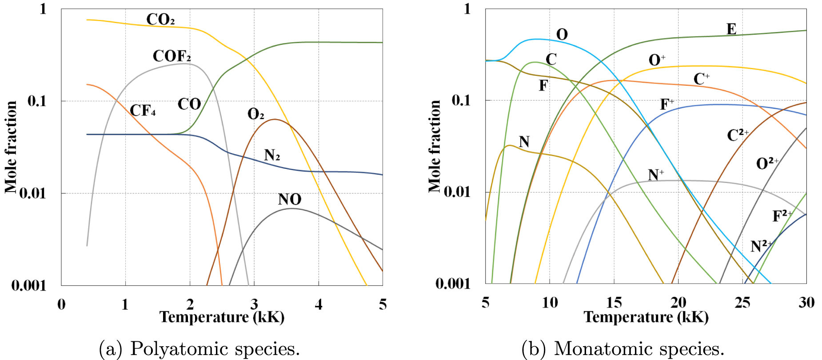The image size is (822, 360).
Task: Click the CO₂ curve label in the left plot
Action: pyautogui.click(x=160, y=20)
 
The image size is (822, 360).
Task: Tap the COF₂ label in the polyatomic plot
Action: pyautogui.click(x=172, y=56)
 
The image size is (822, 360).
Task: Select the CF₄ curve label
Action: pyautogui.click(x=143, y=110)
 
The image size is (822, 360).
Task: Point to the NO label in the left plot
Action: pyautogui.click(x=290, y=199)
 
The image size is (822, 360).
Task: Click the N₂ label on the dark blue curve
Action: pyautogui.click(x=272, y=155)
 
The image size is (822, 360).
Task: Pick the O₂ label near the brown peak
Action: pyautogui.click(x=255, y=114)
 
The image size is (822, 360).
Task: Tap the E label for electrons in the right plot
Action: pyautogui.click(x=731, y=29)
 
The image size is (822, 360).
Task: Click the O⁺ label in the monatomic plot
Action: pyautogui.click(x=657, y=60)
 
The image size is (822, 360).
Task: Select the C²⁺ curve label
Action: pyautogui.click(x=738, y=135)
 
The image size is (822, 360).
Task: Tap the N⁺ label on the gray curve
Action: pyautogui.click(x=656, y=175)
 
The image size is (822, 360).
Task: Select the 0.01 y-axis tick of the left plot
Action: pyautogui.click(x=32, y=193)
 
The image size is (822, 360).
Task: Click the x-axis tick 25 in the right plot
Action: pyautogui.click(x=742, y=303)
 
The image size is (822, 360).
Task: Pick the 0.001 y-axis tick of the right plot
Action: pyautogui.click(x=452, y=284)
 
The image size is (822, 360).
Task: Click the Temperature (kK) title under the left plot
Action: pyautogui.click(x=222, y=317)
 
